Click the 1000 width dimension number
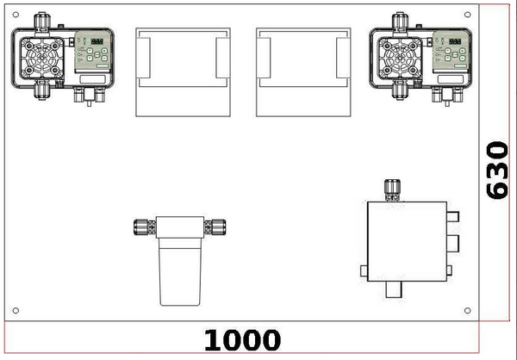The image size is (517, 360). coord(242,340)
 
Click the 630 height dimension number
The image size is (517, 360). coord(497,171)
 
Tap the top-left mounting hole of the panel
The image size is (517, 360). coord(16,15)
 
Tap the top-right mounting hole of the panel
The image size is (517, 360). coord(467,15)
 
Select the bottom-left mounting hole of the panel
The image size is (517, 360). coord(16,310)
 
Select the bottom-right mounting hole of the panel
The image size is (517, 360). coord(467,310)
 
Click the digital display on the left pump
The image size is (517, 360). coord(97,41)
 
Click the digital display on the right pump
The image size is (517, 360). coord(455,41)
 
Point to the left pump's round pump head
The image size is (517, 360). coord(42,59)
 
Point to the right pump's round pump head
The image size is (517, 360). coord(400,59)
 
